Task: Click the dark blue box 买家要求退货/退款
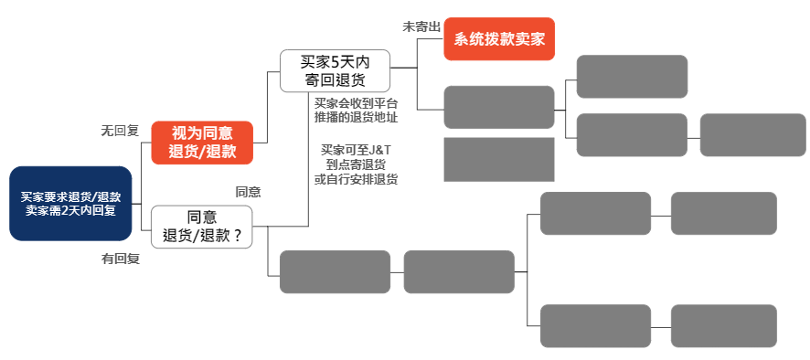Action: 71,203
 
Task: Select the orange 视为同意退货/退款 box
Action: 202,143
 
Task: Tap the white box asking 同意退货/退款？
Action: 202,227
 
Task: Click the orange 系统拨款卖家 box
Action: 499,38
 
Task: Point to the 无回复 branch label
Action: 120,131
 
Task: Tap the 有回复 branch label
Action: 120,259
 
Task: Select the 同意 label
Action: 248,192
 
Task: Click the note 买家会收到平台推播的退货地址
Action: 356,111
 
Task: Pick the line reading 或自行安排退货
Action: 356,179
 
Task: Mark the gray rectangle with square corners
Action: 499,159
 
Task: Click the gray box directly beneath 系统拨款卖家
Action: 499,107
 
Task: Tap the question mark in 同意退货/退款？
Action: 238,236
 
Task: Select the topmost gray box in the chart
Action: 632,77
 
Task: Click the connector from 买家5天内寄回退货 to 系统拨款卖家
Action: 417,66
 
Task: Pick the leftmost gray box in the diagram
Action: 335,271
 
